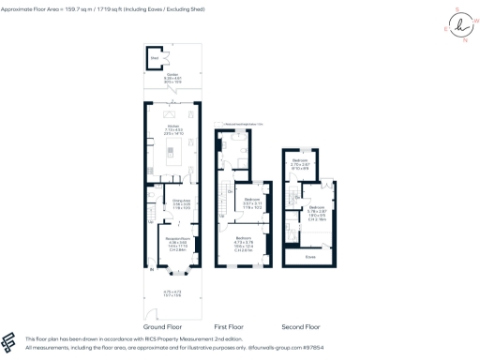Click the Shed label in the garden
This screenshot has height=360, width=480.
pyautogui.click(x=155, y=56)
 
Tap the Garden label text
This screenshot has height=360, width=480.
pyautogui.click(x=172, y=77)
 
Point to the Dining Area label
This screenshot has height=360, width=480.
pyautogui.click(x=181, y=201)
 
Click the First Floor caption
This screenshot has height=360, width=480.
pyautogui.click(x=229, y=326)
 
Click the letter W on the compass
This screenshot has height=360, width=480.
pyautogui.click(x=475, y=20)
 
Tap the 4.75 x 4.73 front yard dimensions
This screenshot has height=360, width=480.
pyautogui.click(x=172, y=292)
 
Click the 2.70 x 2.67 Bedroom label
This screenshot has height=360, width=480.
pyautogui.click(x=301, y=163)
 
